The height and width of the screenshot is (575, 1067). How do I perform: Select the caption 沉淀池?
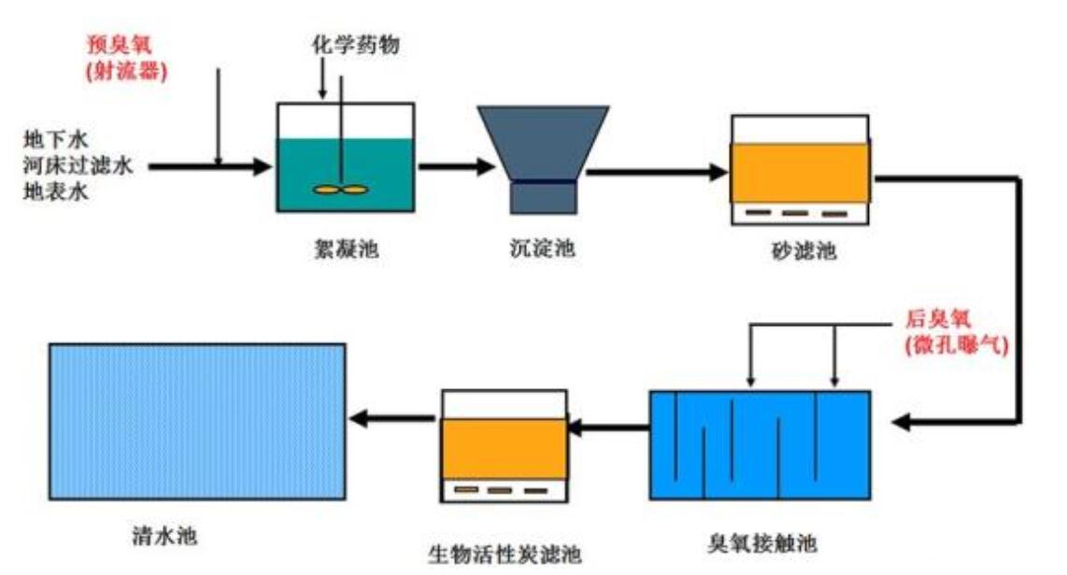point(542,249)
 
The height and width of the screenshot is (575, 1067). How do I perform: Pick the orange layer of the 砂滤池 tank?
point(800,173)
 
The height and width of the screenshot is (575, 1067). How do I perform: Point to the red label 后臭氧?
point(940,319)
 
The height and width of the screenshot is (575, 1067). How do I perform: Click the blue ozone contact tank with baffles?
point(759,446)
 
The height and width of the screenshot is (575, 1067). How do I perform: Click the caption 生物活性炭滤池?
point(505,554)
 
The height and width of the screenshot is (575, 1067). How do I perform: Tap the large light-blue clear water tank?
point(197,421)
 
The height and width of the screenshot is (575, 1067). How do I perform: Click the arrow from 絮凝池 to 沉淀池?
point(456,167)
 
